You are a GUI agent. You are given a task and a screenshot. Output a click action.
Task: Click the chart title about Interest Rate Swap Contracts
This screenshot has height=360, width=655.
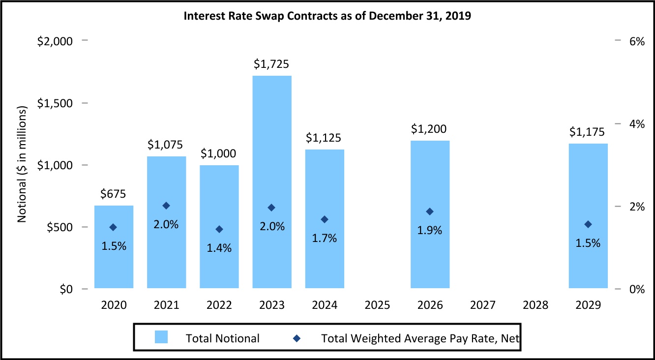click(327, 16)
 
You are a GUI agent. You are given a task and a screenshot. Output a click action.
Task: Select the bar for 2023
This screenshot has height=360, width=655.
click(272, 182)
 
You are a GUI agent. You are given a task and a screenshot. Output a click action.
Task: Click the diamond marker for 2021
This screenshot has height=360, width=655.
click(167, 206)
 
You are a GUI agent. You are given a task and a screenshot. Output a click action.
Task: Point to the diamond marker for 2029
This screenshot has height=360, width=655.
click(588, 224)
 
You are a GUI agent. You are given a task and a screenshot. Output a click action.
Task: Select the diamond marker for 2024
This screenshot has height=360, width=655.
click(325, 219)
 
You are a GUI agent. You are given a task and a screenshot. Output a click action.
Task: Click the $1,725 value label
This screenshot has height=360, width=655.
click(271, 64)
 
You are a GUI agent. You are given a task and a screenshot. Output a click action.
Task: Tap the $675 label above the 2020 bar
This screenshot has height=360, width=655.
click(114, 194)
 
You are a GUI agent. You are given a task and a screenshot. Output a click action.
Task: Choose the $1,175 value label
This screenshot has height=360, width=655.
click(588, 132)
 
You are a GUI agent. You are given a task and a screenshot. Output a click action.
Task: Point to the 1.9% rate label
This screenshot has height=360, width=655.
click(430, 230)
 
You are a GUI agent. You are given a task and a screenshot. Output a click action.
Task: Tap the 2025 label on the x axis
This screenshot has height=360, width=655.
click(378, 305)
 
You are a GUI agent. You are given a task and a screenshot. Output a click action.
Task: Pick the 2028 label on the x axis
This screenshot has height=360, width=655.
click(536, 305)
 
